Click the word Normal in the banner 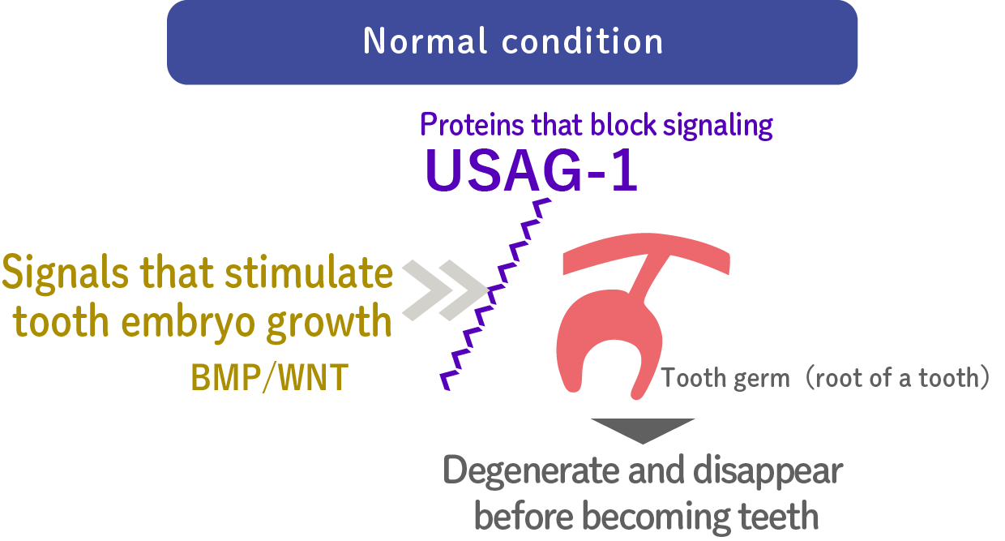coord(425,41)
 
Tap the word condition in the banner coord(582,41)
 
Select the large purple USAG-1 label coord(531,170)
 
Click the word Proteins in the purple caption coord(472,125)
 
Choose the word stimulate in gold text coord(309,272)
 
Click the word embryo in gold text coord(188,322)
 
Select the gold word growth coord(329,322)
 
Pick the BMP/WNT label coord(269,378)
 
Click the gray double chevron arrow coord(445,290)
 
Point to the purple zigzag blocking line coord(496,294)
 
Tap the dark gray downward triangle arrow coord(643,430)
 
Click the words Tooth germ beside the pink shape coord(725,378)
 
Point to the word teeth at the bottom coord(777,517)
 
